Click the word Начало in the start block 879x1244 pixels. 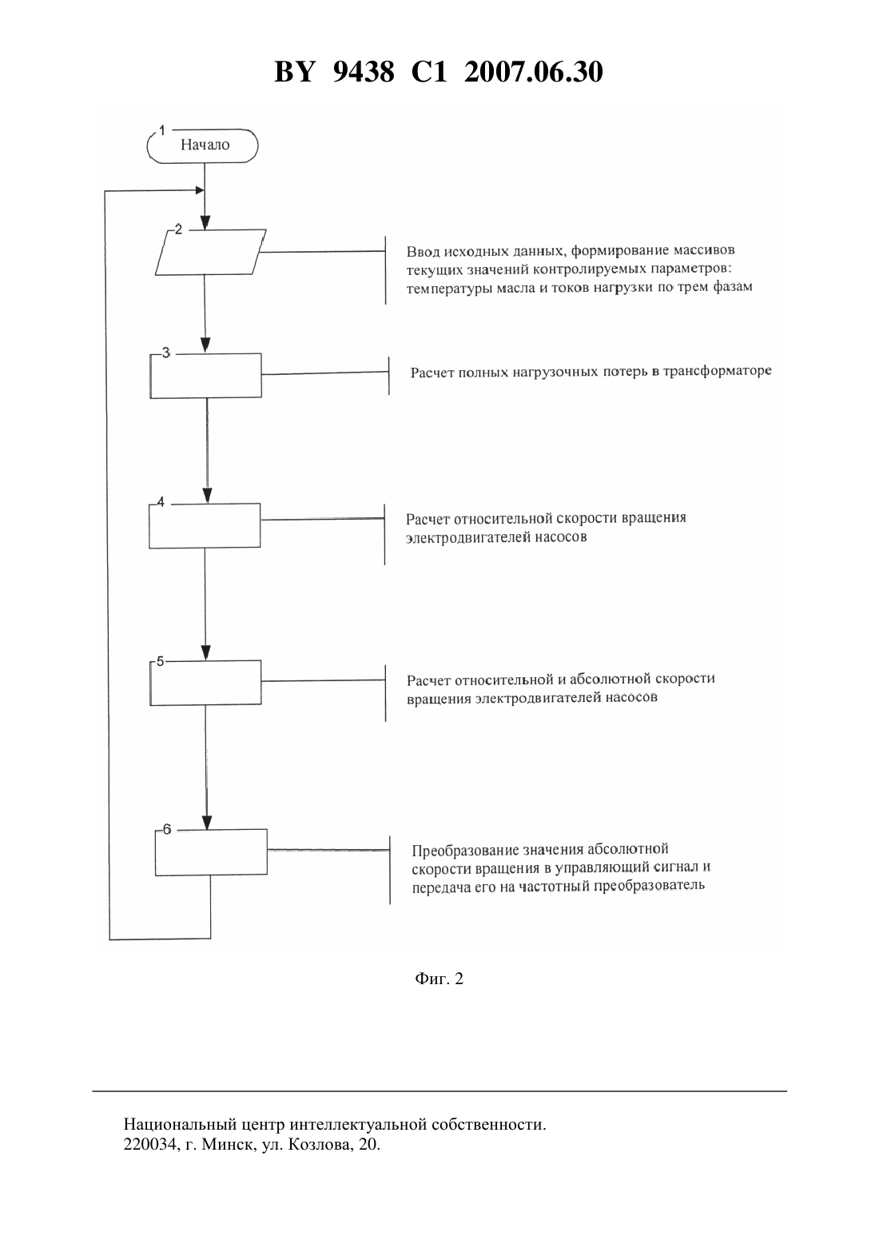[205, 145]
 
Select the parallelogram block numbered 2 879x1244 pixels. [210, 252]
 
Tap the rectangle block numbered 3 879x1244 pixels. [206, 376]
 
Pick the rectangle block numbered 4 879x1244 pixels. [205, 525]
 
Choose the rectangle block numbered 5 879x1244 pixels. [205, 683]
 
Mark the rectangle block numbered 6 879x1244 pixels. [211, 852]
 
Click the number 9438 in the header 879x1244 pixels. [364, 72]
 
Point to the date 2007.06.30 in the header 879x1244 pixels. [533, 72]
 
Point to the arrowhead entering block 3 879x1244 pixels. [205, 345]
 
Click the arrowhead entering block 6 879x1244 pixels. [207, 822]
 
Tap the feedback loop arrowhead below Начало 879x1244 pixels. [199, 190]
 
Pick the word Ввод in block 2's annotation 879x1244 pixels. [424, 252]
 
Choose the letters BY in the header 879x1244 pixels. [295, 72]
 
